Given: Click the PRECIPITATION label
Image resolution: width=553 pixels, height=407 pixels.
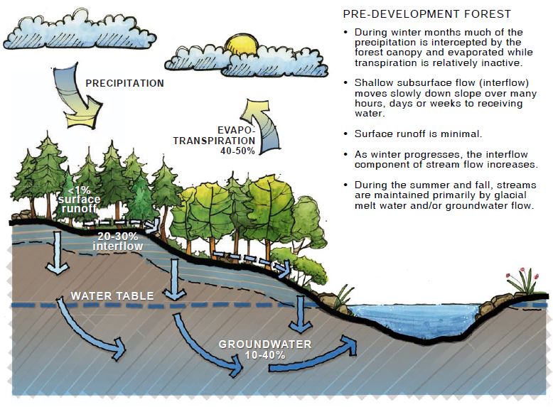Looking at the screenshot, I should click(124, 83).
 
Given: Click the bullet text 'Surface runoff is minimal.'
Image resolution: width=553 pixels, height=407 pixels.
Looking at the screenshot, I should click(417, 134).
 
